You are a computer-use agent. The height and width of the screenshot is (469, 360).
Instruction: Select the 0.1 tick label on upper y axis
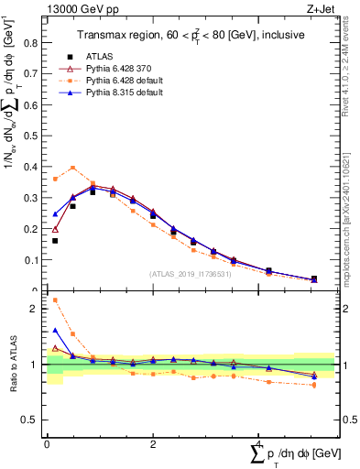(x=34, y=260)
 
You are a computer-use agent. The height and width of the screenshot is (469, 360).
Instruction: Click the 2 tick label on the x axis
(x=152, y=444)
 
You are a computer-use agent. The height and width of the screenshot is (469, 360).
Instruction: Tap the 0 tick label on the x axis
(x=47, y=444)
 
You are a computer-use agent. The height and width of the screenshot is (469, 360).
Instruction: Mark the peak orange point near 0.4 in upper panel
(x=73, y=168)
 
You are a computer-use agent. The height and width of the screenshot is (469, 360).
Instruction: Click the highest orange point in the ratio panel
(x=56, y=300)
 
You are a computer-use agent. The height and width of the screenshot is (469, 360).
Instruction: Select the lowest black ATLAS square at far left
(x=56, y=241)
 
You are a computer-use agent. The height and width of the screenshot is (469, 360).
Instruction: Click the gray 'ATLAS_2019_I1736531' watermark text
(x=191, y=274)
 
